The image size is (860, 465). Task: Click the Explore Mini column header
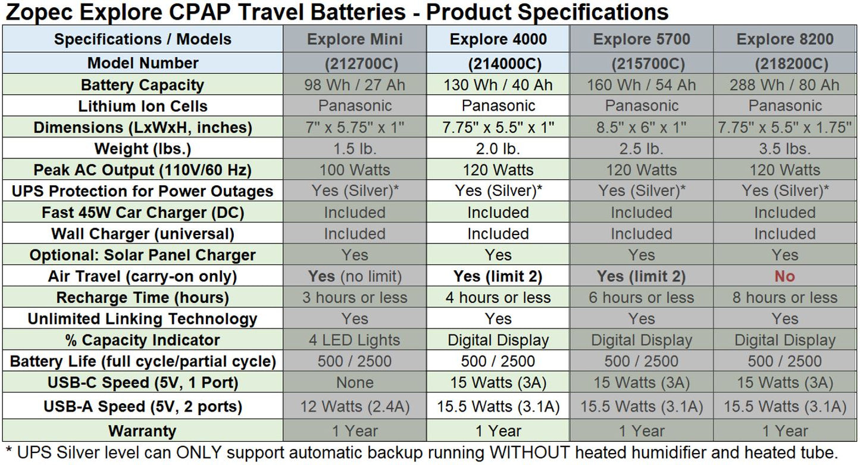355,39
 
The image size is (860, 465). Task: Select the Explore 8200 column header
785,39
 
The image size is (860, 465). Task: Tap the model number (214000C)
498,64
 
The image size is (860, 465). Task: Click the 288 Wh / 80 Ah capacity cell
785,85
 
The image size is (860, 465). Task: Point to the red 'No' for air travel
785,276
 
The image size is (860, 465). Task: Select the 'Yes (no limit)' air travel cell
355,276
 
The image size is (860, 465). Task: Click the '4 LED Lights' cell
355,340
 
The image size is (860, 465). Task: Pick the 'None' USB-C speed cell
355,382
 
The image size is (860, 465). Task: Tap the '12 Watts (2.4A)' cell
355,407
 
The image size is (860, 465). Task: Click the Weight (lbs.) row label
142,148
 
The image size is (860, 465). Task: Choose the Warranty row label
142,430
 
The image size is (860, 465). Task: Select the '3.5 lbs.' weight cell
785,148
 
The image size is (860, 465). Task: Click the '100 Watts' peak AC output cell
355,170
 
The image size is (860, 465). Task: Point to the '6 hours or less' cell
642,297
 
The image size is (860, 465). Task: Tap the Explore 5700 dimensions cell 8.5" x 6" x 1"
642,127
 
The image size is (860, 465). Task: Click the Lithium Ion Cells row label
142,106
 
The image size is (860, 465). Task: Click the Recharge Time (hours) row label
142,297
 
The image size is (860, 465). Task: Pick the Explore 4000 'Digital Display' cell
498,340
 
